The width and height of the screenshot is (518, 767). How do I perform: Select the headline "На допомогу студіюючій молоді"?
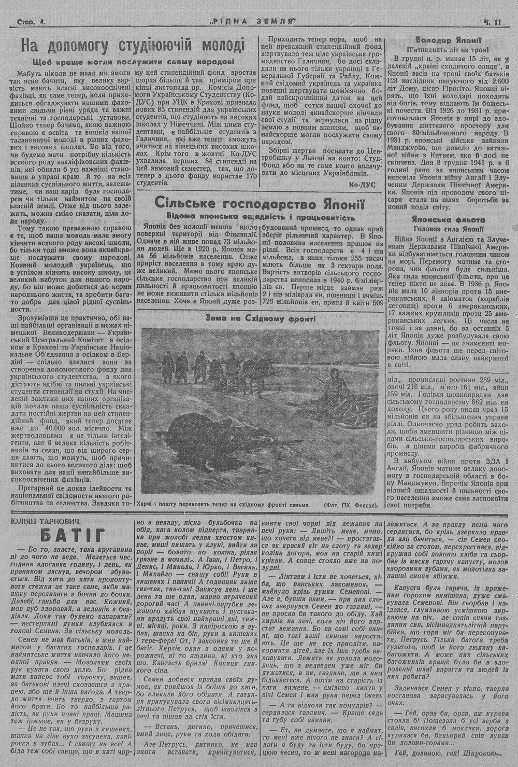click(x=132, y=46)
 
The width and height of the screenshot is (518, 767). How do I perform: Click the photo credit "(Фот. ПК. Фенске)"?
click(x=350, y=505)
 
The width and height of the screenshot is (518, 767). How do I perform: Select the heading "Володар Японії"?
click(x=449, y=39)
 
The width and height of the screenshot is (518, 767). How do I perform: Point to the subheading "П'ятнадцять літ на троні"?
click(x=449, y=49)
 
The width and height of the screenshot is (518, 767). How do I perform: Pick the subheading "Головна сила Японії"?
click(x=449, y=229)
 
